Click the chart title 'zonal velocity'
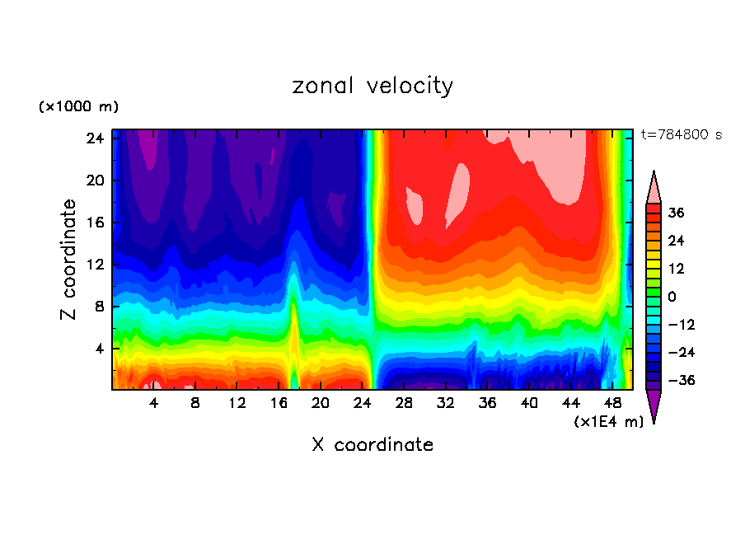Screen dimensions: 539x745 pyautogui.click(x=372, y=86)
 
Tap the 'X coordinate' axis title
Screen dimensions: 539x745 pyautogui.click(x=372, y=445)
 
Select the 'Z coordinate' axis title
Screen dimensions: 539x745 pyautogui.click(x=69, y=260)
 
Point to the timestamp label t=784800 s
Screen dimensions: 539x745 pyautogui.click(x=681, y=134)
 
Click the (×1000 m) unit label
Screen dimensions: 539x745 pyautogui.click(x=78, y=107)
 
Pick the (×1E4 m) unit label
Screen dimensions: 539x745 pyautogui.click(x=608, y=422)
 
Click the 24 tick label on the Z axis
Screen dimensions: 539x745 pyautogui.click(x=93, y=138)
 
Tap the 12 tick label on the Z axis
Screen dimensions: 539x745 pyautogui.click(x=93, y=265)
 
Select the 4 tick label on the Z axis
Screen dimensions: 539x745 pyautogui.click(x=97, y=349)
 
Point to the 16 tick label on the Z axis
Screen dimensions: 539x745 pyautogui.click(x=93, y=223)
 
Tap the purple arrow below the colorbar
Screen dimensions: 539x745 pyautogui.click(x=654, y=405)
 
